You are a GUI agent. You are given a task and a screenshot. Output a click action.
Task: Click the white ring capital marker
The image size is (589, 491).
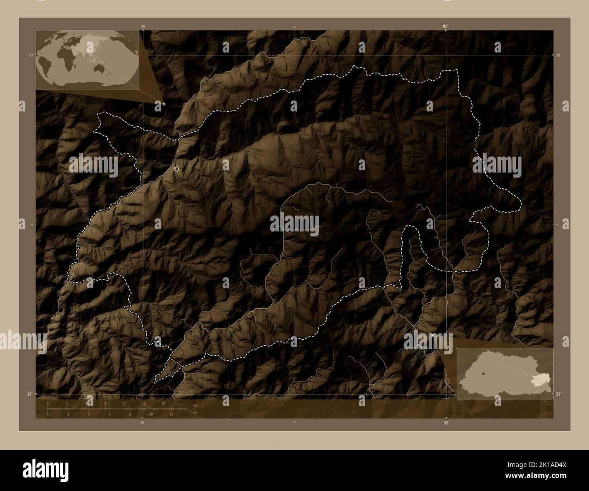tap(176, 169)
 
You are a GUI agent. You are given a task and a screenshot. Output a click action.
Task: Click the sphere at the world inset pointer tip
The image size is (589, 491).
tap(164, 104)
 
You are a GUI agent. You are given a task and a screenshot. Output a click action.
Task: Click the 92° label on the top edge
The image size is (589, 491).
tap(446, 27)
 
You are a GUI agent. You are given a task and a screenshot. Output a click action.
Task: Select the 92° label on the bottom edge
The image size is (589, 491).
tap(446, 423)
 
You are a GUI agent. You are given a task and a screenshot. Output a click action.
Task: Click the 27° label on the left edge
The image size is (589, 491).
tap(29, 395)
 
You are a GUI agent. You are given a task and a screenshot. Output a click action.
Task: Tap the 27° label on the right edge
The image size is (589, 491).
tap(559, 395)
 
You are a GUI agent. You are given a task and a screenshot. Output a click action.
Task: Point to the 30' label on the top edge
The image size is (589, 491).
tap(143, 27)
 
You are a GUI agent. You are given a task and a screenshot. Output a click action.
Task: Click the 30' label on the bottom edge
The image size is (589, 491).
tap(143, 423)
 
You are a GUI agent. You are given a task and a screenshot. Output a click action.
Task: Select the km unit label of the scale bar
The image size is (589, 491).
tap(195, 405)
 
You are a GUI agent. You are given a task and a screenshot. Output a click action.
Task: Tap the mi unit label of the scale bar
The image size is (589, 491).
tap(195, 413)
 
